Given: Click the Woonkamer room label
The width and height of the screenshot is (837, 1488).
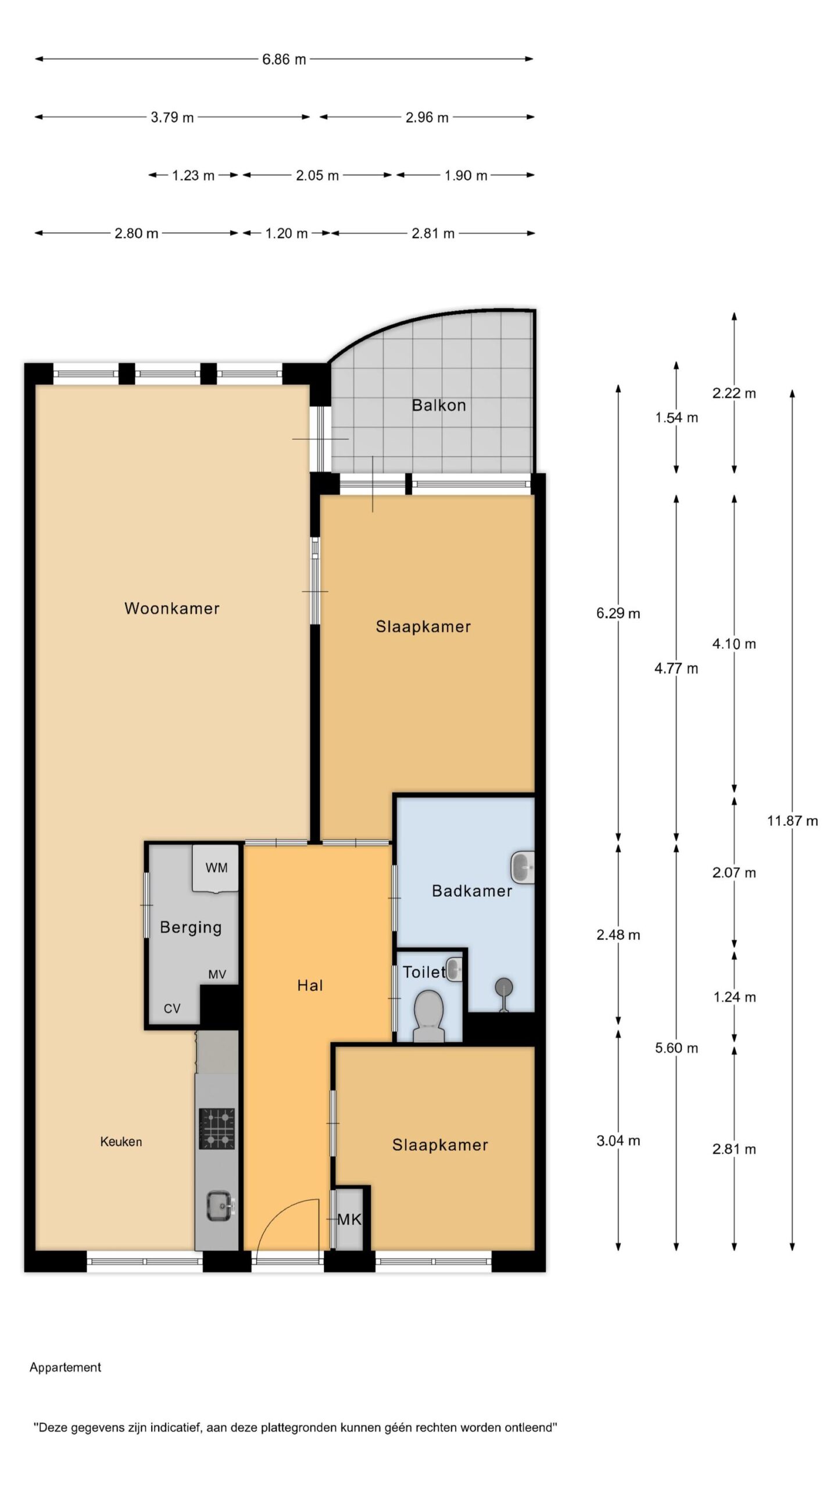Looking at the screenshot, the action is click(172, 609).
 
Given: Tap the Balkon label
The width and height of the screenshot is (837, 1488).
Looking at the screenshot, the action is click(439, 405).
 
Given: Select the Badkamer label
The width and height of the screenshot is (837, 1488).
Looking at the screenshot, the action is click(472, 890).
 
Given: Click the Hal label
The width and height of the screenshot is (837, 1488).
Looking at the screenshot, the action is click(310, 985).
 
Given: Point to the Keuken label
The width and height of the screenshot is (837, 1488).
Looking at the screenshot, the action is click(121, 1142).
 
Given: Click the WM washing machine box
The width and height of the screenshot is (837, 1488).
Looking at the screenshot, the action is click(215, 868).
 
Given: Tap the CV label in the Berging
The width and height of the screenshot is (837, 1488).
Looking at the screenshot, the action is click(172, 1008).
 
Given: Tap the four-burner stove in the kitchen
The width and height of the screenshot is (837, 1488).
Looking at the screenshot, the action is click(217, 1129).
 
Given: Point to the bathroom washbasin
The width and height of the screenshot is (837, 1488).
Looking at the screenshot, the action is click(522, 868).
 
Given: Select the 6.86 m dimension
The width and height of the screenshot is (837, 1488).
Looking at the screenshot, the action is click(284, 59).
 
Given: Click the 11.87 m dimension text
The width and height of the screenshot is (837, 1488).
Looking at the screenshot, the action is click(792, 821).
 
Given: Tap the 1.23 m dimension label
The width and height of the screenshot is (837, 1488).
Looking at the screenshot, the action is click(193, 175).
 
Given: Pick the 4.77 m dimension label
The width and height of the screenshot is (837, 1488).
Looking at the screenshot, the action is click(676, 668).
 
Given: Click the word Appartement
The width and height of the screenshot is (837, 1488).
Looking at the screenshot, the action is click(65, 1368).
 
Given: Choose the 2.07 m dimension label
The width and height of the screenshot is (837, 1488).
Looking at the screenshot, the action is click(734, 872).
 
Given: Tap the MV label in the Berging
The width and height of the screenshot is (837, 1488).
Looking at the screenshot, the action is click(217, 975).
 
